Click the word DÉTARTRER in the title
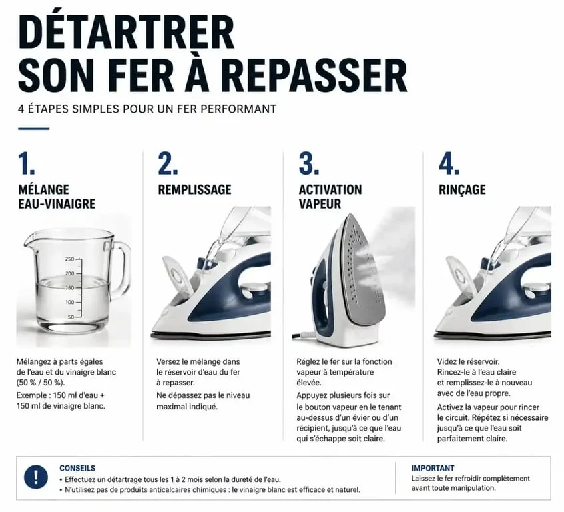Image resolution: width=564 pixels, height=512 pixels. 126,33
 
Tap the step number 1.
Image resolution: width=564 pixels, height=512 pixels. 26,163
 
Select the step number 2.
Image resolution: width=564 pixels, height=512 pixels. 168,163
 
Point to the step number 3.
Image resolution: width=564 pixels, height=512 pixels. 308,163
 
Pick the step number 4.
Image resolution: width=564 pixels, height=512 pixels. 449,163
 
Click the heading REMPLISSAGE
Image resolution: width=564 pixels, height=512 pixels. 195,189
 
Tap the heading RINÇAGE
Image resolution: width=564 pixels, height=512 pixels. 462,189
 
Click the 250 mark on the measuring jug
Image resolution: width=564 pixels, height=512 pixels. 70,259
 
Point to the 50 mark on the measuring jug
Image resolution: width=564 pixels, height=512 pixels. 71,317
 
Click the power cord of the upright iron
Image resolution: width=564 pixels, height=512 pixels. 303,336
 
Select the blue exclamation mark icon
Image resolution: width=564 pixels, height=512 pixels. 35,477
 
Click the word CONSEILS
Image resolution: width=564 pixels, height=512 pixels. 77,468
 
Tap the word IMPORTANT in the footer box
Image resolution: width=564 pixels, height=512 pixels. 433,468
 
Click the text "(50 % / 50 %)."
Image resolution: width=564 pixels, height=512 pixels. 41,382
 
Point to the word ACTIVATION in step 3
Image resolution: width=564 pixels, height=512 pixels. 330,189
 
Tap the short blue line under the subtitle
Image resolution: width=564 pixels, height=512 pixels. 34,129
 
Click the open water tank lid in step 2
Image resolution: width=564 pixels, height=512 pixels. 178,274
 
